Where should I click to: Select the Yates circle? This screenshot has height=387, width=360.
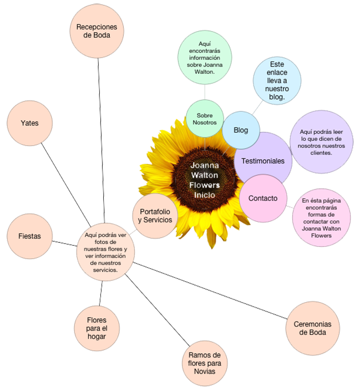[29, 123]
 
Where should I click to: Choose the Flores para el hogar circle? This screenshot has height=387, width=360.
[97, 327]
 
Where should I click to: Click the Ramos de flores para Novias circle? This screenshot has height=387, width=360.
[205, 363]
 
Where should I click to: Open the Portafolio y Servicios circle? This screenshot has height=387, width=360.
[156, 215]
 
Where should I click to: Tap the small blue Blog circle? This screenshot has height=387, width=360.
[241, 130]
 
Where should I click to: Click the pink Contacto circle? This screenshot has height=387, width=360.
[263, 198]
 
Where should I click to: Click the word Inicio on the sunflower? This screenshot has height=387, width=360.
[205, 195]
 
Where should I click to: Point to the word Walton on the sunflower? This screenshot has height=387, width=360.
[205, 175]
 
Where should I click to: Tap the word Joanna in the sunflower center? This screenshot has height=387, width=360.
[205, 165]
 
